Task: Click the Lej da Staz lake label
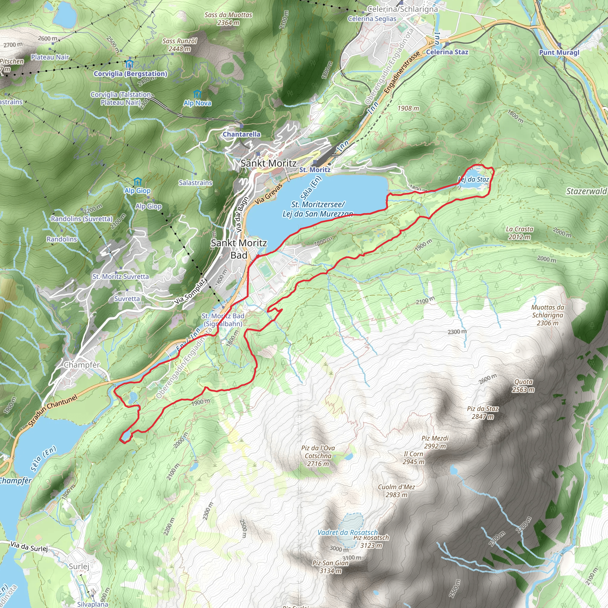(474, 179)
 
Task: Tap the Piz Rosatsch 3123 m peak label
(371, 541)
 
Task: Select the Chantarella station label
(242, 134)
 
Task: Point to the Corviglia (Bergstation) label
(131, 74)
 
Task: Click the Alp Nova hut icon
(197, 94)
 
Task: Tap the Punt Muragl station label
(559, 53)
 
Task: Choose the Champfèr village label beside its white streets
(82, 365)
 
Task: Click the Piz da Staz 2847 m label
(482, 413)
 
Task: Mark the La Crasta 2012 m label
(520, 233)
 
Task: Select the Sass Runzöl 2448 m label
(179, 45)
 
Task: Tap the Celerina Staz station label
(447, 52)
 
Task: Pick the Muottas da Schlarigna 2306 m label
(547, 315)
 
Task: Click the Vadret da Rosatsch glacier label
(347, 533)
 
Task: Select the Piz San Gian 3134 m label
(330, 567)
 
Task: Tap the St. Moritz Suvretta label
(121, 277)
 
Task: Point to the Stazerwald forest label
(586, 191)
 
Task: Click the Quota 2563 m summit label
(523, 386)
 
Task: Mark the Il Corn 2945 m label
(414, 458)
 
